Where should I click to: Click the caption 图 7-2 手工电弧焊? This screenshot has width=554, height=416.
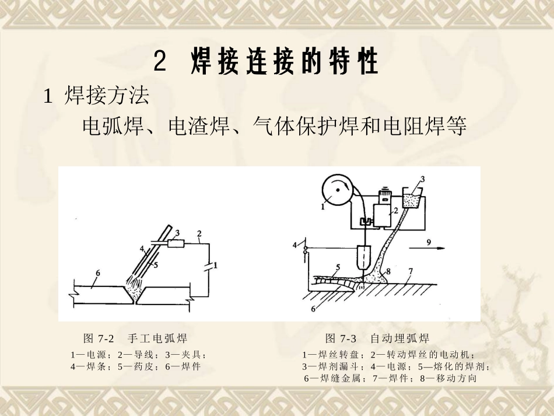coord(135,338)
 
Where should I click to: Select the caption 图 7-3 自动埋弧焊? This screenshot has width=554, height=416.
coord(377,338)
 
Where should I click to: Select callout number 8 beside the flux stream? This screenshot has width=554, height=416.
coord(388,271)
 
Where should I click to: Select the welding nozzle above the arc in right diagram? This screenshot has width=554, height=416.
coord(364,257)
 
